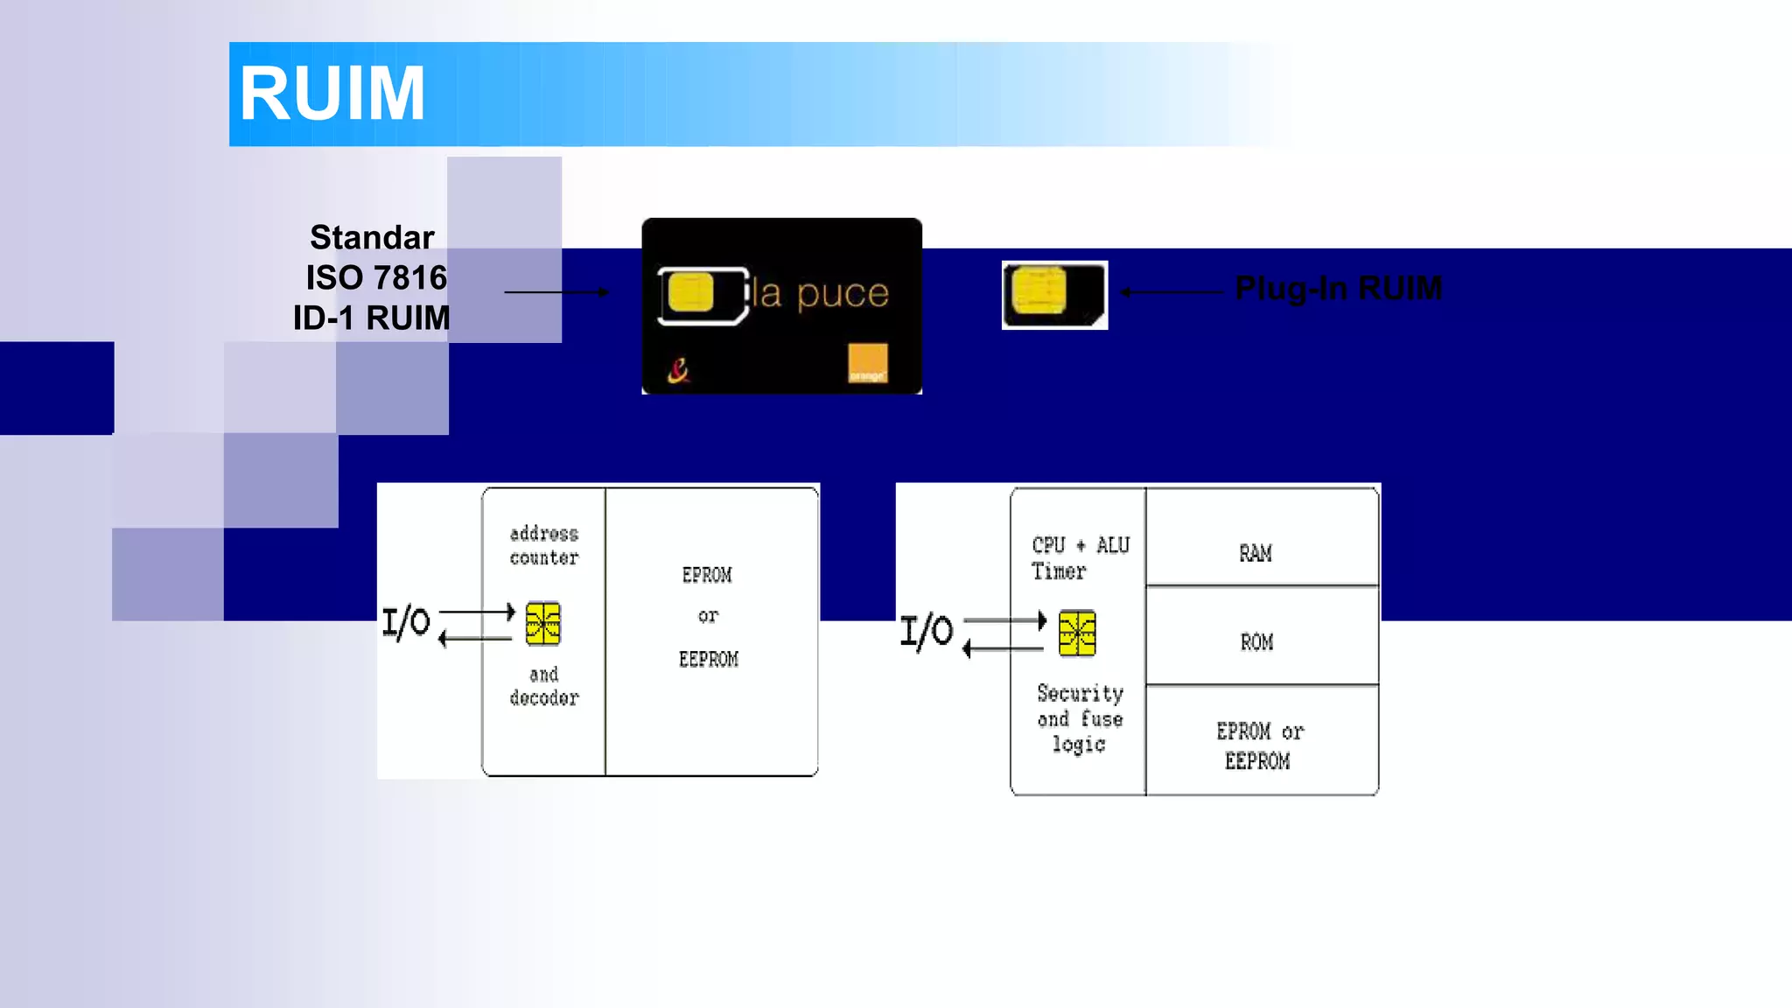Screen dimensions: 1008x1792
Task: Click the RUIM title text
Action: click(332, 94)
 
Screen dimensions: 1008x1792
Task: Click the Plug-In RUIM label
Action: click(1338, 288)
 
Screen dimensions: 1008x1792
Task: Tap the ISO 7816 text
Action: click(376, 277)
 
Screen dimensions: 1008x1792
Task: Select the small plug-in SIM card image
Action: click(1054, 295)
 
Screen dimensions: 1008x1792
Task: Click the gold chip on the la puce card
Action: click(690, 292)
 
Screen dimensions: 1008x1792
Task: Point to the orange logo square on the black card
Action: click(868, 363)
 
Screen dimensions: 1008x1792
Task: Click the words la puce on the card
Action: click(821, 293)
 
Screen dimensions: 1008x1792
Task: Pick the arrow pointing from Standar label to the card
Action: click(556, 292)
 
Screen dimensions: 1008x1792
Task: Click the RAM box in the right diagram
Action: click(1256, 553)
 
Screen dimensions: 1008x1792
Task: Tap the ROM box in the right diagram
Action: click(1256, 642)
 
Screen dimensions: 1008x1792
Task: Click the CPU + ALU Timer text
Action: click(1080, 558)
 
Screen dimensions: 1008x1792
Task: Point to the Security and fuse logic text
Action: click(1080, 718)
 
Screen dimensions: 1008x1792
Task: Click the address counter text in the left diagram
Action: click(543, 545)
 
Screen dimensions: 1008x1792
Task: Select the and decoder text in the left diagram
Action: click(543, 686)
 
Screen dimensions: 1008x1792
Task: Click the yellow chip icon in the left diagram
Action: click(542, 624)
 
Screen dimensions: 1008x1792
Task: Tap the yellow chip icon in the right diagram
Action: click(1077, 633)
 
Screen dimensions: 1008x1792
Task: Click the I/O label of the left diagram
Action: click(406, 623)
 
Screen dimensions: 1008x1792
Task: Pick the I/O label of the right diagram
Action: click(927, 631)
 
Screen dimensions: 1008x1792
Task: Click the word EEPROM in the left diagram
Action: click(708, 660)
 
